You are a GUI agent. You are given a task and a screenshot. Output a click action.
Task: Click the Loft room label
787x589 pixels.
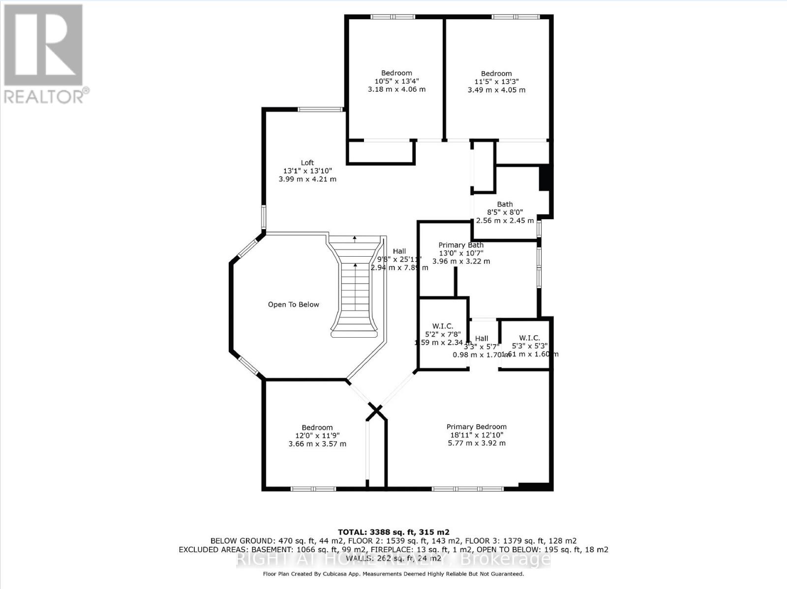point(307,163)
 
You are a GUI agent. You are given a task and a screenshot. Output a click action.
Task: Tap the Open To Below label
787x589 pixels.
point(293,305)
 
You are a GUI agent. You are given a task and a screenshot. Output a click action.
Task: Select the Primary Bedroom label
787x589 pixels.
point(476,427)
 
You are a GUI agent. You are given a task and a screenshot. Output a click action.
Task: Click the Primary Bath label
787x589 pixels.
point(461,245)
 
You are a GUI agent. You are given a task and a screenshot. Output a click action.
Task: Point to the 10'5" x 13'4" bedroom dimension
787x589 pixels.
point(396,82)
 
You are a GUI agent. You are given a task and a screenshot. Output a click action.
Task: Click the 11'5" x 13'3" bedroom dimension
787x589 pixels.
point(496,82)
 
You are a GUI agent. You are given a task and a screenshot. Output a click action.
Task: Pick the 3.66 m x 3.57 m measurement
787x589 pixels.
point(317,444)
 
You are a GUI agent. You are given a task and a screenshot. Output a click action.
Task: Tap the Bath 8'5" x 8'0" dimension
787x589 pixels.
point(505,212)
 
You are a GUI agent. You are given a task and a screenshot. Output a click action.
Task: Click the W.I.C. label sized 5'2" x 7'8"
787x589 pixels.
point(443,326)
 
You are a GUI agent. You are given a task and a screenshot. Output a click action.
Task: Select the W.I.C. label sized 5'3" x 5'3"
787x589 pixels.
point(529,338)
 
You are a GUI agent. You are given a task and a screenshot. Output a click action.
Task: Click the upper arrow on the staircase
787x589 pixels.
point(355,239)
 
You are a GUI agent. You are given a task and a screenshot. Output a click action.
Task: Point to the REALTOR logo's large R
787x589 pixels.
point(43,45)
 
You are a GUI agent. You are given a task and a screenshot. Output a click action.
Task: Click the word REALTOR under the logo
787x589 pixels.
point(44,97)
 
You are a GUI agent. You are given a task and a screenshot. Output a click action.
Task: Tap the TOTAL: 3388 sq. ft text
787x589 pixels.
point(393,532)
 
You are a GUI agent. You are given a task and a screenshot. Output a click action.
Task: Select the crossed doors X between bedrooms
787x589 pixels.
point(376,411)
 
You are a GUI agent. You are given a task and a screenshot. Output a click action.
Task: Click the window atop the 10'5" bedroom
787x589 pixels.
point(393,17)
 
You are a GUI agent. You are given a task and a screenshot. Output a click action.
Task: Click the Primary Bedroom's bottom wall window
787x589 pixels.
point(467,489)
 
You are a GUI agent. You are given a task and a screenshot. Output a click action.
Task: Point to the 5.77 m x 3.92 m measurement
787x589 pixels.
point(476,443)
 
